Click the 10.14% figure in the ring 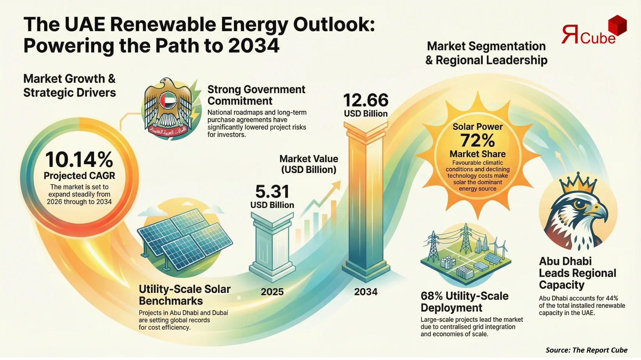pos(79,159)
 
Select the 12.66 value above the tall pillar pos(366,100)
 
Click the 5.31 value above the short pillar pos(272,191)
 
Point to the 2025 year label pos(272,291)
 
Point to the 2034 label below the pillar pos(366,291)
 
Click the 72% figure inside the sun pos(477,140)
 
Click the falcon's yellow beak pos(600,212)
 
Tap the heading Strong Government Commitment pos(256,95)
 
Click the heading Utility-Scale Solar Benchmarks pos(184,295)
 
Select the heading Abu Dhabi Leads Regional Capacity pos(577,273)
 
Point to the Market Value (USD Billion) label pos(309,164)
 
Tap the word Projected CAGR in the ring pos(79,176)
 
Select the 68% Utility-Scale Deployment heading pos(464,302)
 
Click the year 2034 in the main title pos(253,46)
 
